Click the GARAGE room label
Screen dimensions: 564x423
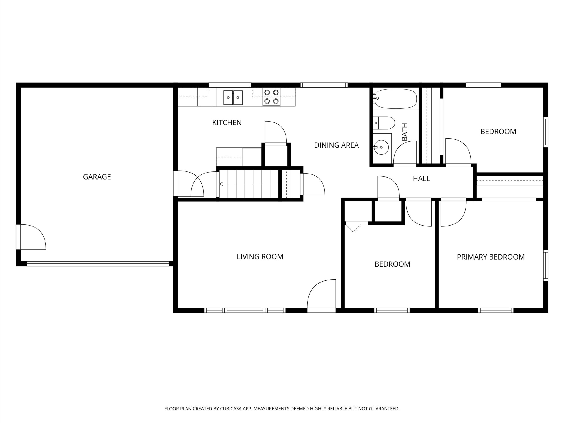97,177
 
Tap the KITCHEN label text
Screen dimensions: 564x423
227,123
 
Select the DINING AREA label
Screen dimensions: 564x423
336,145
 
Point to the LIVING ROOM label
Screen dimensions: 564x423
260,256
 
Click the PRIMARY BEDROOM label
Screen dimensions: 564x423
491,257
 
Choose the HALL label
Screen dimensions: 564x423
421,178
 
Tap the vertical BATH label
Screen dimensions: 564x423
404,132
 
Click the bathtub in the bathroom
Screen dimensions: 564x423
396,99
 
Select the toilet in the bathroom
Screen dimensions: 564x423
384,123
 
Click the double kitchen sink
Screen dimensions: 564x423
233,97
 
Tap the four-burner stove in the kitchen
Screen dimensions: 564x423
271,97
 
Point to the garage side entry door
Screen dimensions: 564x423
31,237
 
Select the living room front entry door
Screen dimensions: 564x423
321,296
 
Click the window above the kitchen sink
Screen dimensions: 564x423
230,85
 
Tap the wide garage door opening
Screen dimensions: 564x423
98,264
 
